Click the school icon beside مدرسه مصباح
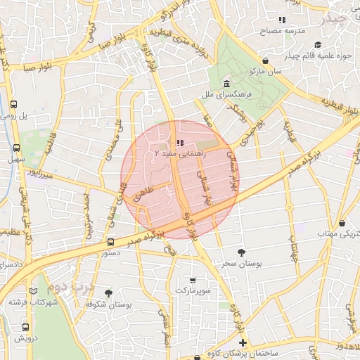click(x=282, y=20)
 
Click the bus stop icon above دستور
click(x=110, y=241)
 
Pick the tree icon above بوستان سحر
click(x=242, y=251)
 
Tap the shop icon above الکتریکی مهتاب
click(x=342, y=223)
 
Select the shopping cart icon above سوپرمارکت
click(x=193, y=279)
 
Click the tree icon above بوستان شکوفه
click(x=108, y=293)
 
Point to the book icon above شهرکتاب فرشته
click(x=33, y=291)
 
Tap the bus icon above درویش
click(x=26, y=327)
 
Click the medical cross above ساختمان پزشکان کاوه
click(x=243, y=342)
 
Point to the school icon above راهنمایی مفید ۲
click(x=180, y=143)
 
